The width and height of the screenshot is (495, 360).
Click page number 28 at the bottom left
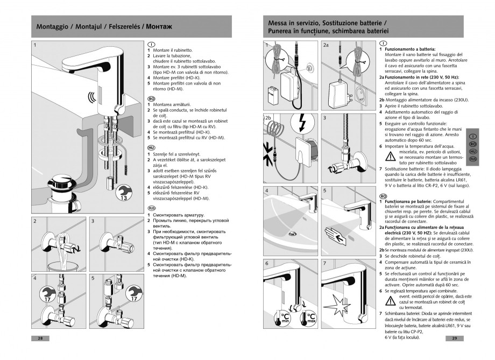click(x=40, y=338)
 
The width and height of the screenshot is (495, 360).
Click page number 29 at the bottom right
click(x=454, y=338)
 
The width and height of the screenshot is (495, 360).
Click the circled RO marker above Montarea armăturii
click(x=151, y=99)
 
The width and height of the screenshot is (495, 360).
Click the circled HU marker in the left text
click(x=151, y=146)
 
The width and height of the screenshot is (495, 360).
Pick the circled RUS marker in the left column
click(x=151, y=207)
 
